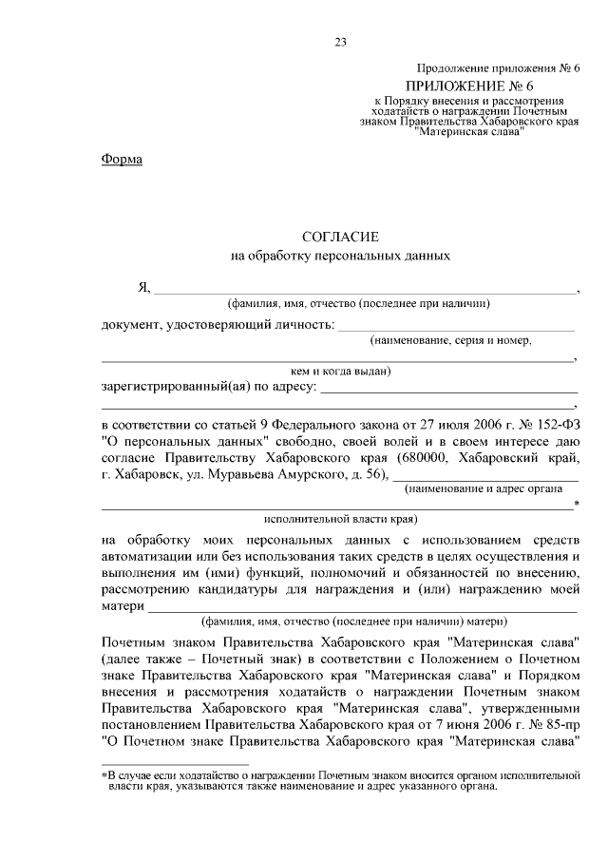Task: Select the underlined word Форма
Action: point(122,160)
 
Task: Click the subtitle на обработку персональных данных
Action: point(339,256)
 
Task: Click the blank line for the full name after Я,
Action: point(366,290)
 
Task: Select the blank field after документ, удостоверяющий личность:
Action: point(457,327)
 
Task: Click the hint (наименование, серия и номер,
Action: point(450,339)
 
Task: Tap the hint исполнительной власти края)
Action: point(340,519)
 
